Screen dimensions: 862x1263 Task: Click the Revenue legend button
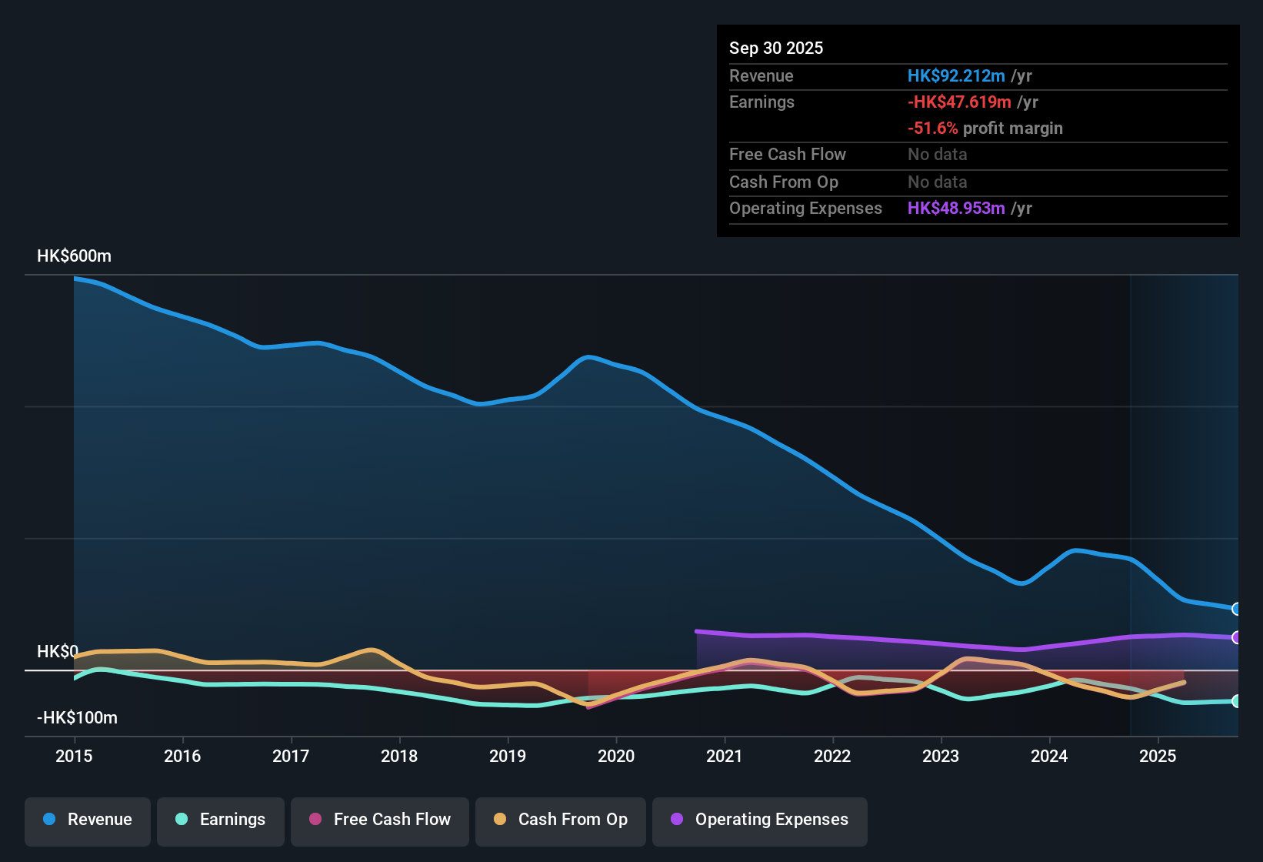point(88,820)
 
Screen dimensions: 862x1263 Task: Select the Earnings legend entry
point(221,820)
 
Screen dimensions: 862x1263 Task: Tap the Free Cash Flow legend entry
point(380,820)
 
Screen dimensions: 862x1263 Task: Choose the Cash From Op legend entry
point(561,820)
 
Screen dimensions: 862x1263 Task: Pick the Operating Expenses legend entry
point(760,820)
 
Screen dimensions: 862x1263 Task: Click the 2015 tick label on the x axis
point(74,756)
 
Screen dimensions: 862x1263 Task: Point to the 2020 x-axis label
point(616,756)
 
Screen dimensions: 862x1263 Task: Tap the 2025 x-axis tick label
point(1158,756)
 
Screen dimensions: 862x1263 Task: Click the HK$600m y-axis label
point(74,256)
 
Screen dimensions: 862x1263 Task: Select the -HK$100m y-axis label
point(77,718)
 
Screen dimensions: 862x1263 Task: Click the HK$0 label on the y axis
point(57,652)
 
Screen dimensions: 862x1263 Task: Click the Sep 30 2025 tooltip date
point(776,48)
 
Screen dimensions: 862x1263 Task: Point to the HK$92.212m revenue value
point(956,76)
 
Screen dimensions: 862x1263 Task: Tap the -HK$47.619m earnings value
point(959,102)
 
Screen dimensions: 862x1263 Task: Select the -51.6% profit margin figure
point(932,129)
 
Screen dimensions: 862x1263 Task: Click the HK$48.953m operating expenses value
point(956,209)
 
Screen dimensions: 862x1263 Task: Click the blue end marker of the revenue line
point(1236,609)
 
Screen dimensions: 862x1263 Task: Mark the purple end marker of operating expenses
point(1236,637)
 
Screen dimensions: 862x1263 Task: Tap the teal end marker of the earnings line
point(1236,701)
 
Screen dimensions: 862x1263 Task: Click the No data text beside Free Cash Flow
point(937,155)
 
